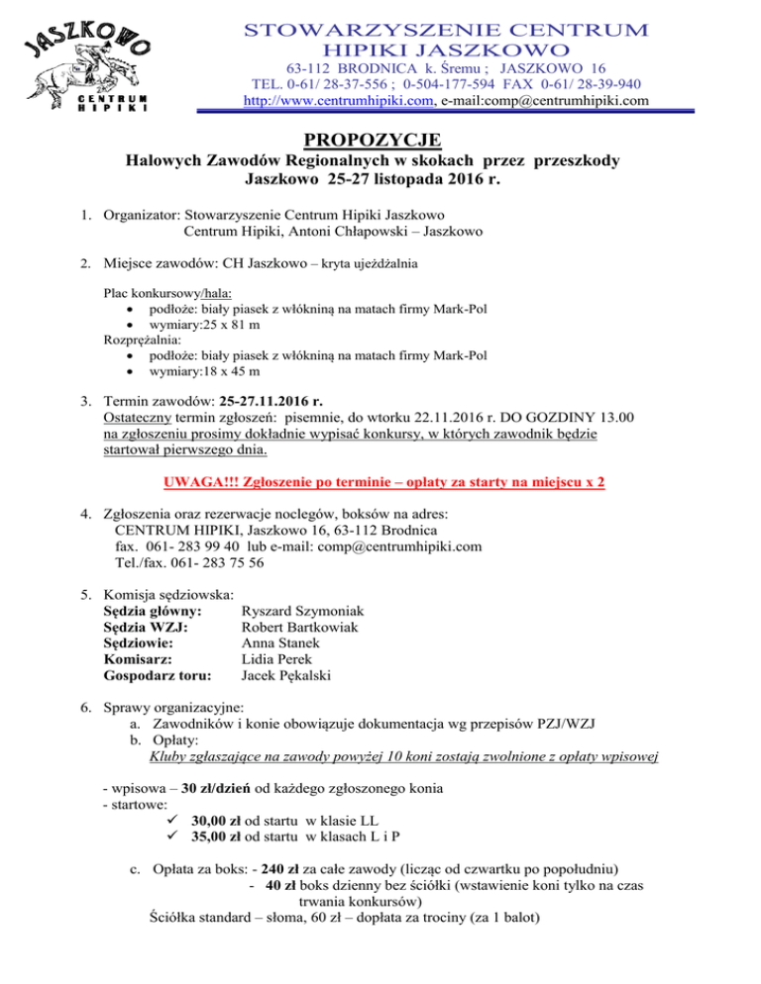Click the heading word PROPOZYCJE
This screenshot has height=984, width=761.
[x=380, y=139]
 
